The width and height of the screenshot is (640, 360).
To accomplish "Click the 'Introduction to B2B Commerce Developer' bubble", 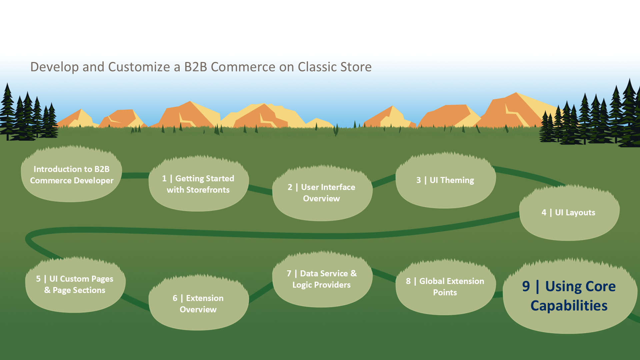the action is coord(71,174).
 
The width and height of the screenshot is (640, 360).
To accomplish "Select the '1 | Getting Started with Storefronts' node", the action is coord(199,184).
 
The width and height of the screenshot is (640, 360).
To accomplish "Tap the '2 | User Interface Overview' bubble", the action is coord(322,193).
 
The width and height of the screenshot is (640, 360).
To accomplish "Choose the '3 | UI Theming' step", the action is coord(446,180).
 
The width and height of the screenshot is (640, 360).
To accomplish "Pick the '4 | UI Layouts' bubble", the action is coord(569,212).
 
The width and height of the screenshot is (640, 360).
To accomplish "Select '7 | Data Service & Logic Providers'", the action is coord(322,279).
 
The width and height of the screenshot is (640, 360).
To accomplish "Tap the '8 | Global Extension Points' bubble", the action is coord(446,287).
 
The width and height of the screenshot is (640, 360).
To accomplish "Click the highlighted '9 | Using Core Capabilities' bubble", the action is coord(570,296).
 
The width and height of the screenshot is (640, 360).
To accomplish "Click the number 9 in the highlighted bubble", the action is coord(526,286).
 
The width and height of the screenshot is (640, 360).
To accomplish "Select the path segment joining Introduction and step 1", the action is coord(135,175).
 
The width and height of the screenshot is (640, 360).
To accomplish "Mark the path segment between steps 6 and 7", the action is coord(261,292).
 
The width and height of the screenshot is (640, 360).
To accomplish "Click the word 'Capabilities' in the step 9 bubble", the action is coord(569,306).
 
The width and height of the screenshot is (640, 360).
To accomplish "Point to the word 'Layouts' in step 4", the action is coord(575,213).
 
